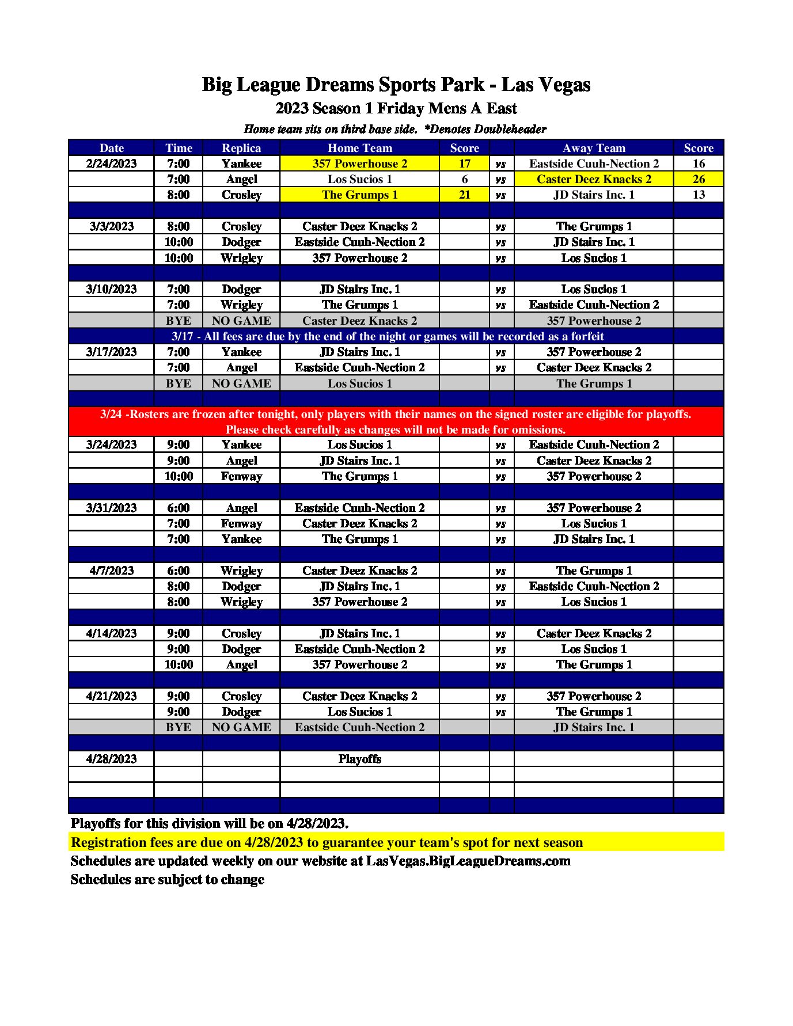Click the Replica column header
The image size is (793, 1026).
point(241,148)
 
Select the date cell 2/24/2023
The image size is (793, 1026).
point(111,164)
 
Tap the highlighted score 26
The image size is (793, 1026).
point(698,179)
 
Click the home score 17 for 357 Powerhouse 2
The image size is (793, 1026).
point(464,164)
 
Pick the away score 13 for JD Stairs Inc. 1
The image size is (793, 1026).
point(698,195)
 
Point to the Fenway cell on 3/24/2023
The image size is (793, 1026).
point(241,476)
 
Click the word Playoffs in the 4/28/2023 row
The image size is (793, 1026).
point(359,759)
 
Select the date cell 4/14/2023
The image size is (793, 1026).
point(111,633)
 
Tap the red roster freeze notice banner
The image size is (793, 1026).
point(396,421)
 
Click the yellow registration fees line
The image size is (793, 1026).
point(327,842)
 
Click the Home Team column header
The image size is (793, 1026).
point(359,148)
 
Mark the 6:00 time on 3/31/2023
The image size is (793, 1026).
point(179,508)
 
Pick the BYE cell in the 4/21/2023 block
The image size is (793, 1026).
point(179,727)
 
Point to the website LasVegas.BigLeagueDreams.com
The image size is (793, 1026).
point(468,861)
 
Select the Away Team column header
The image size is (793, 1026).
point(593,148)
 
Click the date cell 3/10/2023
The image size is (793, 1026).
point(111,289)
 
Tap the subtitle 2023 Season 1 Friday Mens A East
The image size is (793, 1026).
point(396,108)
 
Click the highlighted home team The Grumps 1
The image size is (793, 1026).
point(359,195)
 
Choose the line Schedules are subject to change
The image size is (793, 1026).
point(168,879)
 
